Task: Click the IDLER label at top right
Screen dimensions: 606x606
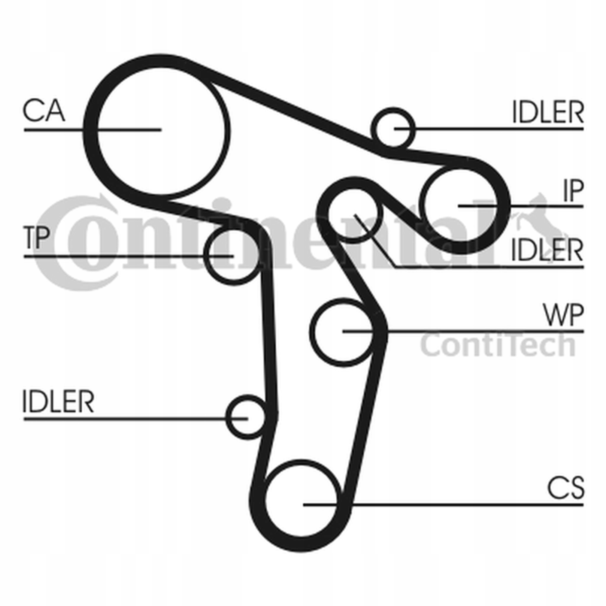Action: [x=548, y=112]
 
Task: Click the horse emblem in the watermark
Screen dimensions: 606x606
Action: [x=533, y=220]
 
